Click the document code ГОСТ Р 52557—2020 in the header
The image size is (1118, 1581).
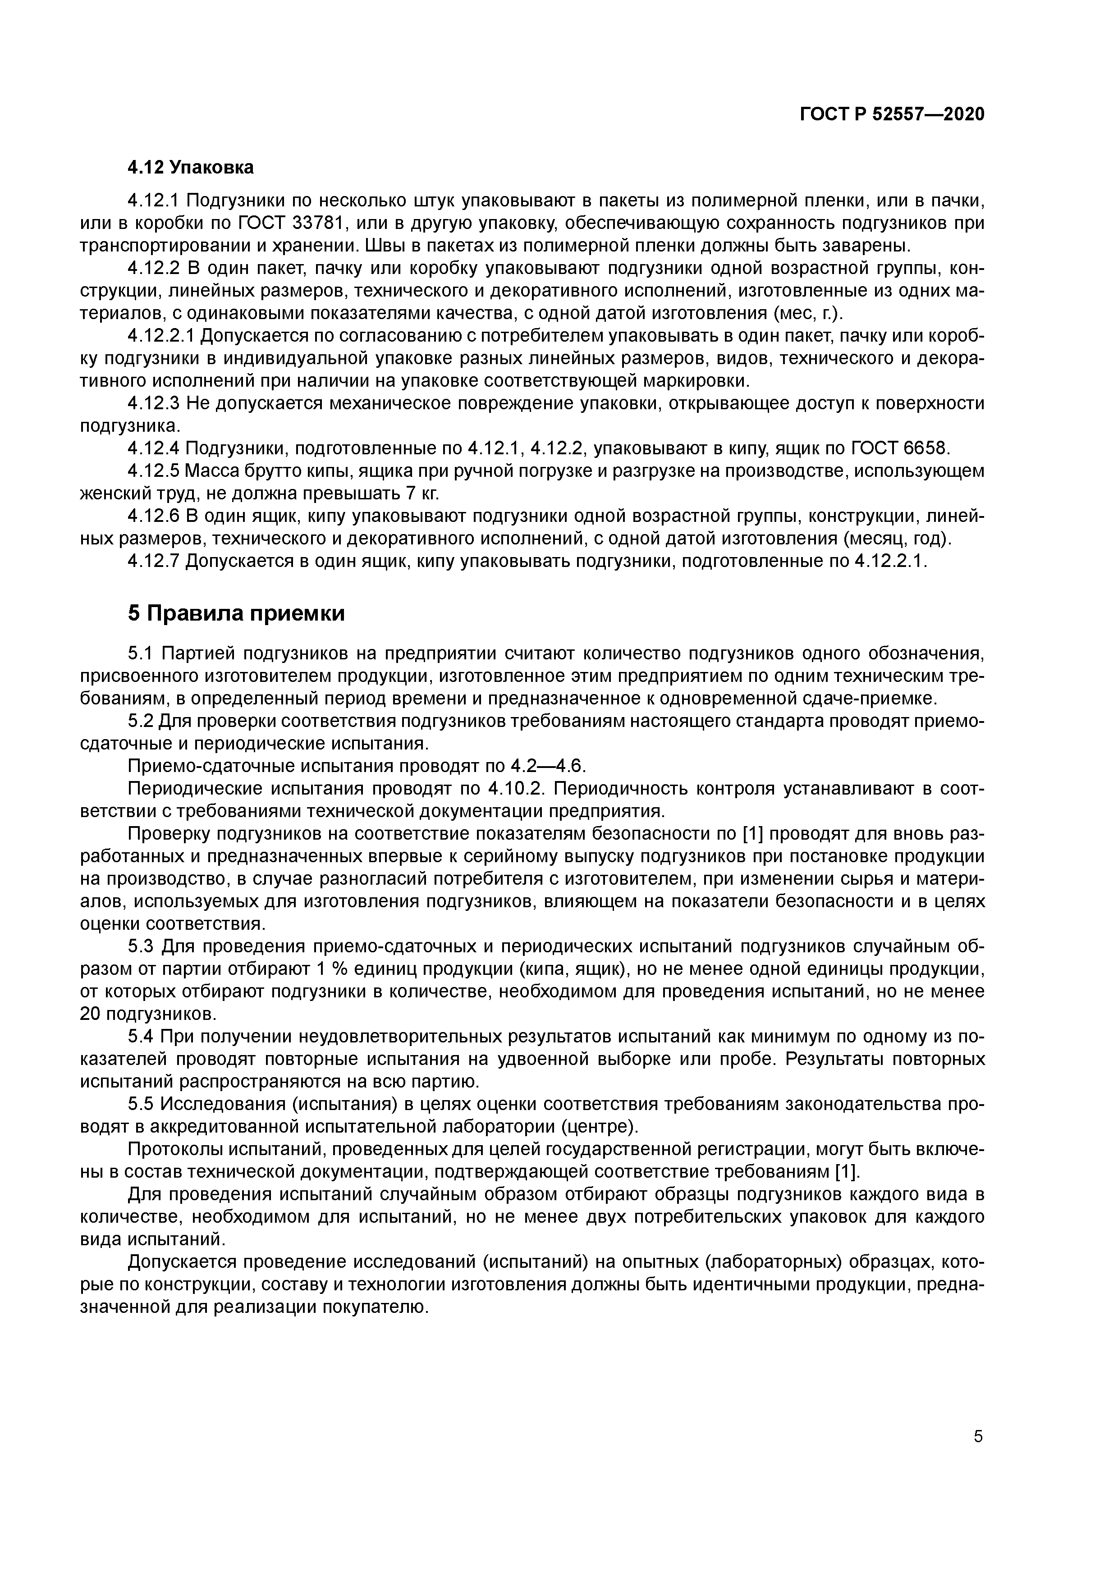click(x=892, y=114)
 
